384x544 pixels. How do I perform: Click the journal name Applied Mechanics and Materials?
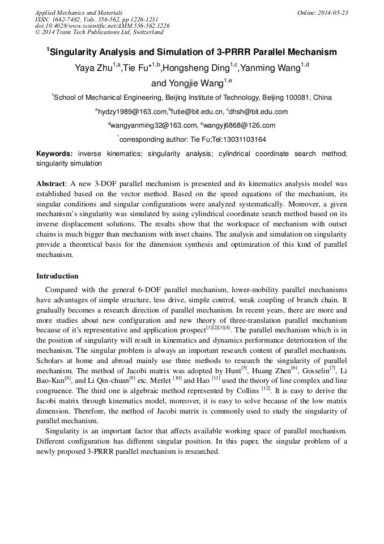tap(79, 12)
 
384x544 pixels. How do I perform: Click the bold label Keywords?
tap(54, 154)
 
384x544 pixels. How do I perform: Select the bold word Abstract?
tap(51, 184)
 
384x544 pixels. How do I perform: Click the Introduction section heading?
tap(57, 276)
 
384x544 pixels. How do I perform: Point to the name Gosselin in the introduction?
tap(317, 370)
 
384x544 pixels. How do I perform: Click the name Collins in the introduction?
tap(248, 390)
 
